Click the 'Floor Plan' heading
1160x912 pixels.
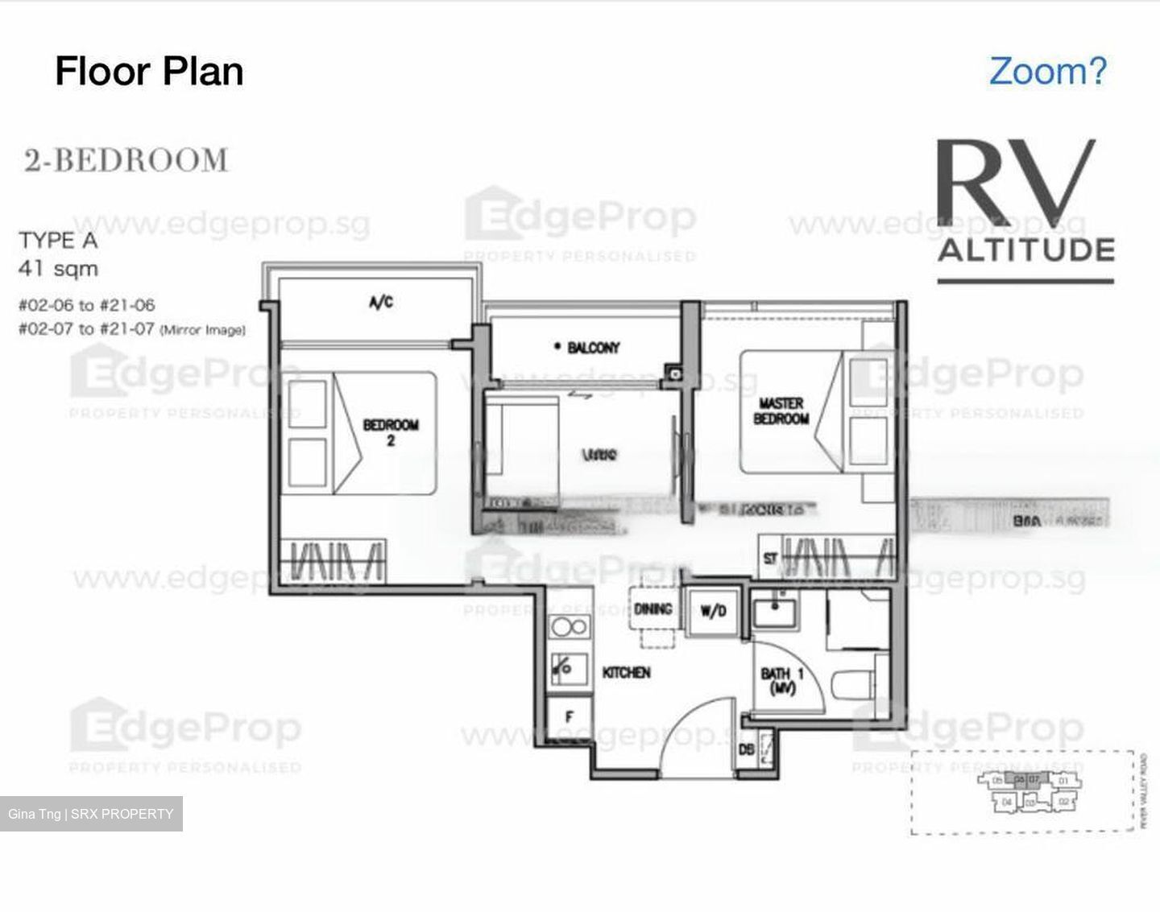pos(149,71)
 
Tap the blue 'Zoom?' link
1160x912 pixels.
pos(1047,71)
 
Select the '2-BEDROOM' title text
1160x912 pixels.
pos(126,160)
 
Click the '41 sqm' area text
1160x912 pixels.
pos(58,269)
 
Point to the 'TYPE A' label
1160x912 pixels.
pos(58,241)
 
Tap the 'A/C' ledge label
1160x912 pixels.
pos(380,303)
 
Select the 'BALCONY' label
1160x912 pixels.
pos(593,348)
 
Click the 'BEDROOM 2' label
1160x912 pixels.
pos(391,431)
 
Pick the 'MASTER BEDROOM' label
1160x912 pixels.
pos(781,411)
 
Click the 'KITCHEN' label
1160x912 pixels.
pos(626,672)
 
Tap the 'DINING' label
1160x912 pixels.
pos(652,609)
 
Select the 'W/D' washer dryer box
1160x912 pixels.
pos(712,612)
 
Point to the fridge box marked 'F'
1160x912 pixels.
pos(569,716)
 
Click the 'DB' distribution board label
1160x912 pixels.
pos(747,750)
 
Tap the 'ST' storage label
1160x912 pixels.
pos(770,559)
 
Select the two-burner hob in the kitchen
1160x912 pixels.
pos(568,627)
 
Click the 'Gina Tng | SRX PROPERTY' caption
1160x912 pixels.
pos(91,814)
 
